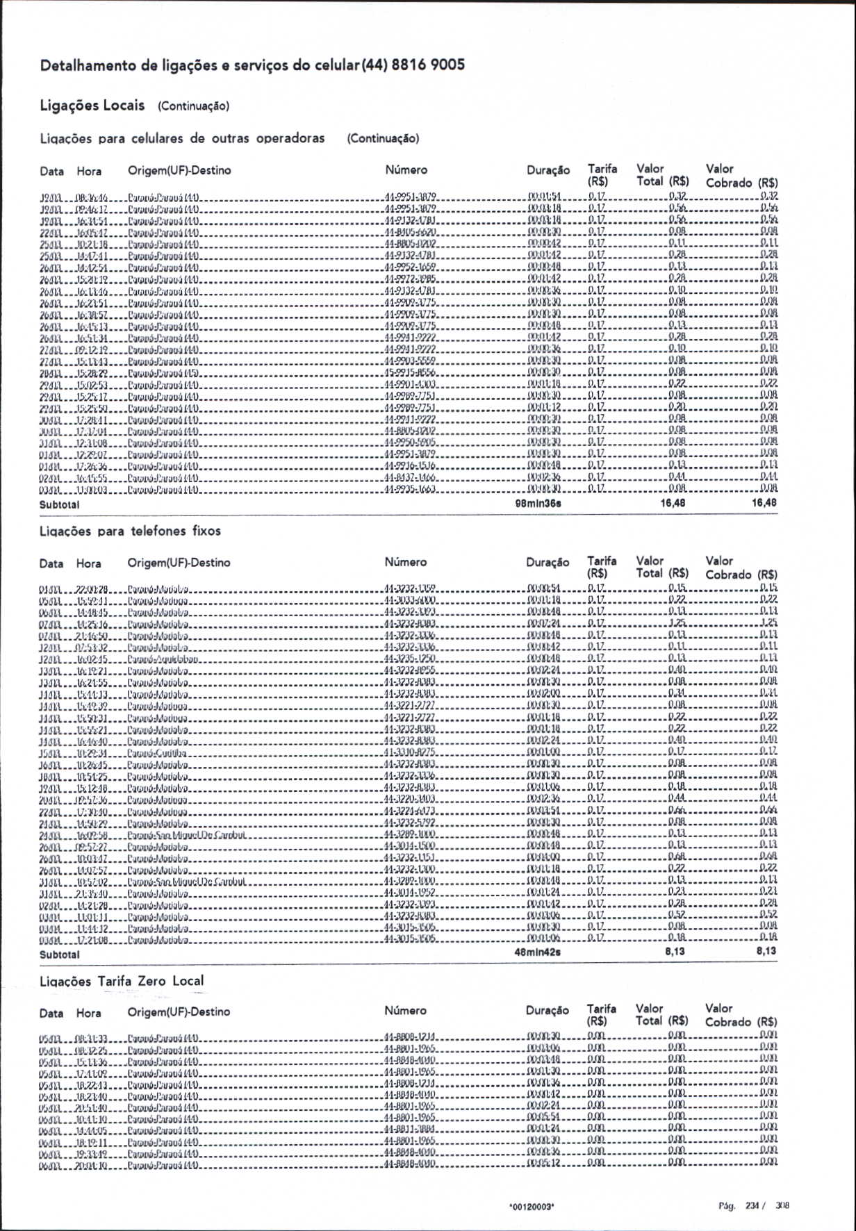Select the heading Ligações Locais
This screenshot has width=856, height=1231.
tap(92, 106)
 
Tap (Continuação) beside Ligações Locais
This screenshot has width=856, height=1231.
tap(193, 106)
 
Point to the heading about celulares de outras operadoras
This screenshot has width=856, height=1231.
tap(182, 138)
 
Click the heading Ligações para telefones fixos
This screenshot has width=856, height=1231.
tap(130, 531)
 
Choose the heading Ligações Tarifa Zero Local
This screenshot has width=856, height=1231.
tap(122, 981)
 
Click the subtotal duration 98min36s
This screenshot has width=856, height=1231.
tap(538, 503)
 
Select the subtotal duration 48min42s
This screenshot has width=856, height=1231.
tap(537, 952)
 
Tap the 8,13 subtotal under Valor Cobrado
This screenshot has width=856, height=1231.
tap(766, 950)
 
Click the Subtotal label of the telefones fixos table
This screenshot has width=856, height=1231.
tap(59, 955)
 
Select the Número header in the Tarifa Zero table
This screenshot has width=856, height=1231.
tap(405, 1011)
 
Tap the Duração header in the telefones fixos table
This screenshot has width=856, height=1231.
tap(548, 563)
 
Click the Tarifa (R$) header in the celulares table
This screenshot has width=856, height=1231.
tap(602, 175)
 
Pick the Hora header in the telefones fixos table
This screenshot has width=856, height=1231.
tap(89, 563)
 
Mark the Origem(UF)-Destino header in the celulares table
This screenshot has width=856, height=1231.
tap(179, 170)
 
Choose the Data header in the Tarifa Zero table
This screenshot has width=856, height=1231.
tap(51, 1013)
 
